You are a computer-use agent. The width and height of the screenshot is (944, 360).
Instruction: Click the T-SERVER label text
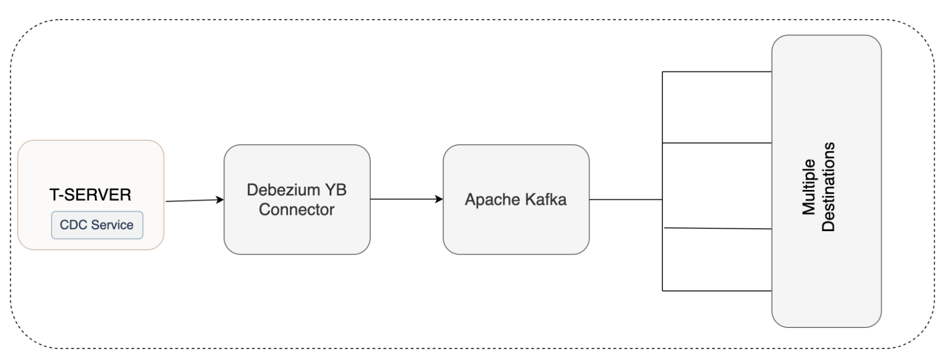click(x=90, y=195)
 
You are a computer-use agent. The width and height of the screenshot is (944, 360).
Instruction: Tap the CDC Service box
click(x=97, y=225)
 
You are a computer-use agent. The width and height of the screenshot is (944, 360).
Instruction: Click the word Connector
click(x=297, y=209)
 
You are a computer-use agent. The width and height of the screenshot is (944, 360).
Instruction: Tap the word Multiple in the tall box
click(x=809, y=187)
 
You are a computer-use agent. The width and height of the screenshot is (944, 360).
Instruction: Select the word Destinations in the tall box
click(x=829, y=187)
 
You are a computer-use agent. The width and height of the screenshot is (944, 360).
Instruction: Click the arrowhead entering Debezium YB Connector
click(x=220, y=200)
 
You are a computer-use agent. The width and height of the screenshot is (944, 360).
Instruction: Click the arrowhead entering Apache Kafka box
click(x=440, y=199)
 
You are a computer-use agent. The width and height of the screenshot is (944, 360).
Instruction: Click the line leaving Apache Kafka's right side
click(x=626, y=200)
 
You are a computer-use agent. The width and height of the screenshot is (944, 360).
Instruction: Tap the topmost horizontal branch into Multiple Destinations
click(x=717, y=72)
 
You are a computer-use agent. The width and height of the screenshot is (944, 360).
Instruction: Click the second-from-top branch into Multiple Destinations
click(x=717, y=143)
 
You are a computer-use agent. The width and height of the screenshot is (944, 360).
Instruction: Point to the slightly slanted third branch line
click(x=718, y=229)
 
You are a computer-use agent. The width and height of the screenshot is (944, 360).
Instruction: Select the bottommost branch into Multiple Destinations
click(x=717, y=291)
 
